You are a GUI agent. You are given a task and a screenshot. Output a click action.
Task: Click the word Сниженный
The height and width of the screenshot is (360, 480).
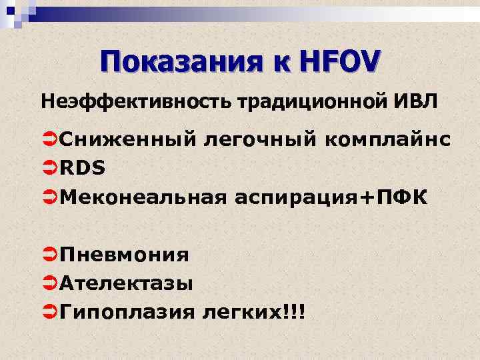tap(127, 139)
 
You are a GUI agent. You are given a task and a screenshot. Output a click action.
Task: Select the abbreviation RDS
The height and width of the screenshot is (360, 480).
tap(82, 168)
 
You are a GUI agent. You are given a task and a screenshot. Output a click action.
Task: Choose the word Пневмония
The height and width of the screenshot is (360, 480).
tap(124, 254)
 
